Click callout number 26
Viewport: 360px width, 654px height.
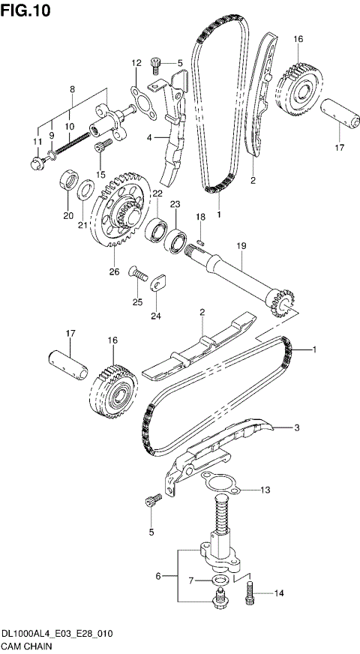[x=115, y=271]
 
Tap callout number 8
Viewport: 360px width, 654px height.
[x=72, y=89]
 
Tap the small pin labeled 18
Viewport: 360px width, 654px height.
[x=200, y=241]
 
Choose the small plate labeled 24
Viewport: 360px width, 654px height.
[x=159, y=283]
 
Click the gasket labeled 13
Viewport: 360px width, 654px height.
[x=217, y=484]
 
